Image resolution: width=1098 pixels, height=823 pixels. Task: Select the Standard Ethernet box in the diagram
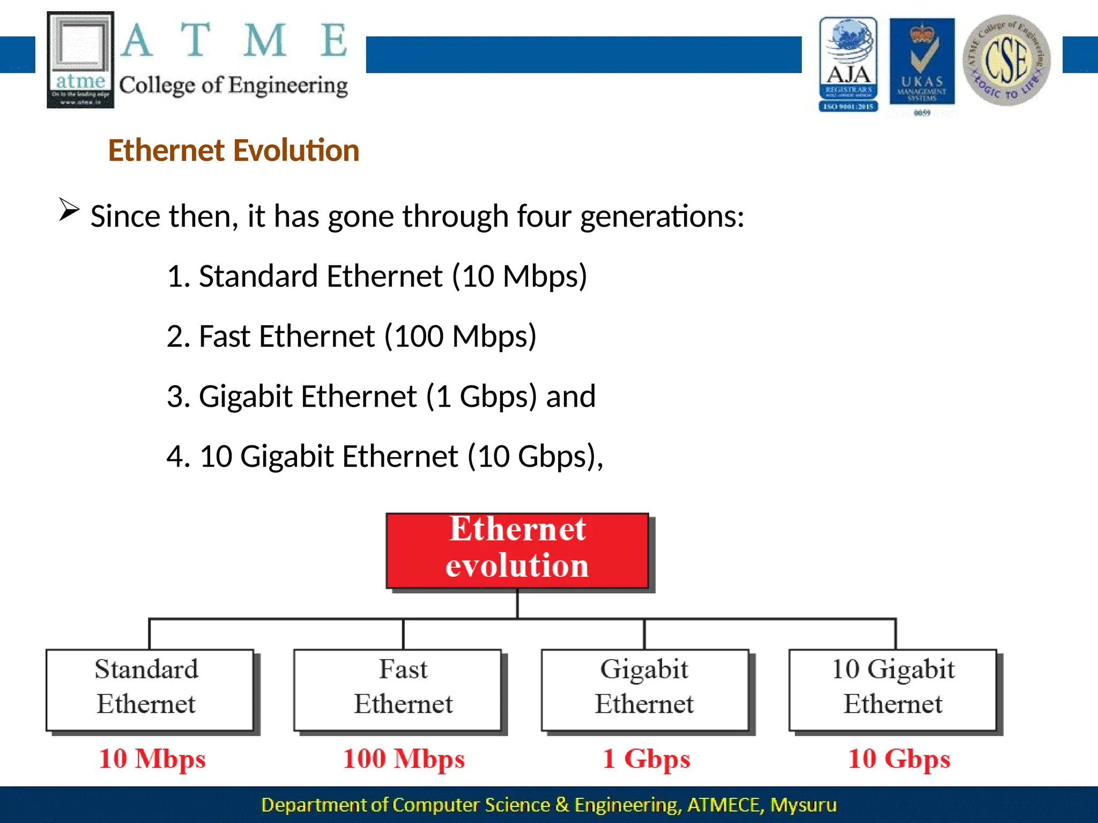click(149, 690)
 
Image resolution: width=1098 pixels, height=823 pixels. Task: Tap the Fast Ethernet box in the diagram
click(397, 690)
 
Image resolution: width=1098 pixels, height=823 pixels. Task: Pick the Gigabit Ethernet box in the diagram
click(644, 690)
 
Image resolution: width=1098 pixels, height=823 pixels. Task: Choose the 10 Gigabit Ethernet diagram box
click(893, 690)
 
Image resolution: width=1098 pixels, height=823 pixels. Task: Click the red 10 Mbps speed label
click(152, 759)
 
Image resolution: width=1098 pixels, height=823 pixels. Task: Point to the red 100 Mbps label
click(404, 759)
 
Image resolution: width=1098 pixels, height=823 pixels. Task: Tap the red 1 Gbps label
click(646, 759)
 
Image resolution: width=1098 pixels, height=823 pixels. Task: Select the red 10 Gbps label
click(899, 759)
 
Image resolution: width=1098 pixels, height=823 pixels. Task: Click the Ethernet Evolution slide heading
click(234, 150)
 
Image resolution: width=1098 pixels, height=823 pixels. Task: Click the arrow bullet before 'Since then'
click(69, 210)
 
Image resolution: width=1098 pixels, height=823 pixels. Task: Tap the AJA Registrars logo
click(848, 64)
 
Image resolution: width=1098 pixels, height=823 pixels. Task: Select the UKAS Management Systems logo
click(922, 62)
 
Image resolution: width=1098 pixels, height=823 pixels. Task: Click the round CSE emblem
click(1006, 60)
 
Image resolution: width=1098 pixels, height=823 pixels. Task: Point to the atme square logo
click(80, 59)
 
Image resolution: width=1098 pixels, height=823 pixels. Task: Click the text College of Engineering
click(233, 86)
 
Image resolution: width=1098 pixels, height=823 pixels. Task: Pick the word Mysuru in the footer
click(803, 805)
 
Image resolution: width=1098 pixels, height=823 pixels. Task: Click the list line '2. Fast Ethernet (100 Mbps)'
click(351, 336)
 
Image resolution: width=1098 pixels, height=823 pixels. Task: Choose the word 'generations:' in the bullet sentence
click(662, 216)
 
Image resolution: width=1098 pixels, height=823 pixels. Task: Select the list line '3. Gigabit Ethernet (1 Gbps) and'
click(381, 396)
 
